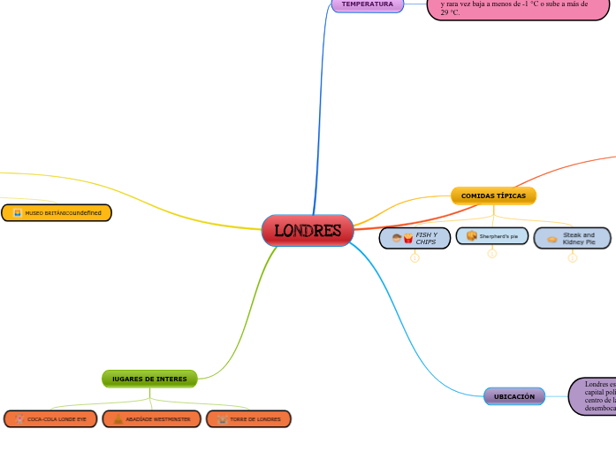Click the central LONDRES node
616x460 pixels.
(x=308, y=231)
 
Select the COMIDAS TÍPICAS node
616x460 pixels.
(x=493, y=195)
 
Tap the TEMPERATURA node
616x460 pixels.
(x=367, y=4)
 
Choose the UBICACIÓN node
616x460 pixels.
(x=513, y=397)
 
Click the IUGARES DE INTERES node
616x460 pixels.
(x=149, y=379)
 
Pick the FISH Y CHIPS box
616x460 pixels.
(x=414, y=237)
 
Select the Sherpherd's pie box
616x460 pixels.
(x=492, y=236)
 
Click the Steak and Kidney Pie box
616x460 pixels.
(x=572, y=238)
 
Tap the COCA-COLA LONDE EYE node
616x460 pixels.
(x=50, y=418)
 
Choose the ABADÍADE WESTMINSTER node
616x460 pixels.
(x=151, y=418)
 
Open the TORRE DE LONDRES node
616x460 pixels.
(x=248, y=418)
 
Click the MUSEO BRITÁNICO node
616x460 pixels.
(x=57, y=213)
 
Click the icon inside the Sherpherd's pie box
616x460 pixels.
(x=472, y=236)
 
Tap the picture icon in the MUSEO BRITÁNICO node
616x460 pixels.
(x=17, y=213)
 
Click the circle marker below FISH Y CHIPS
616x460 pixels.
(x=414, y=258)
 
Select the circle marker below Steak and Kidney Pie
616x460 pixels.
(x=572, y=258)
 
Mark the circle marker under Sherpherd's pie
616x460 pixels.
(x=492, y=254)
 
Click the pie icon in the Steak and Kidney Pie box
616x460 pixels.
(x=552, y=239)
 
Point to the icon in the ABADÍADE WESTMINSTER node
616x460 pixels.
(x=118, y=418)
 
